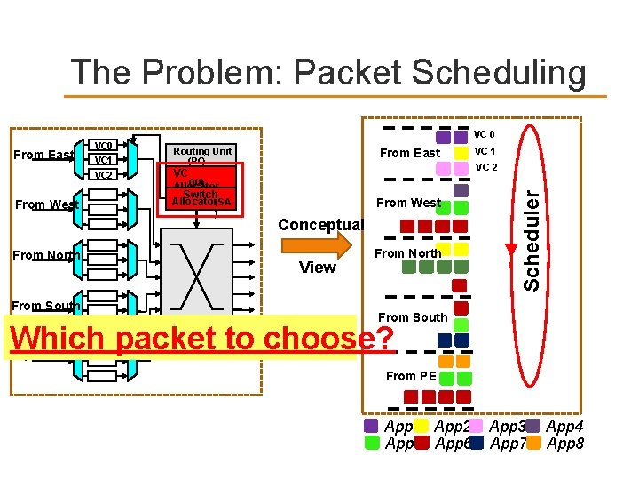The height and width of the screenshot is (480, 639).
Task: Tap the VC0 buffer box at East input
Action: [104, 146]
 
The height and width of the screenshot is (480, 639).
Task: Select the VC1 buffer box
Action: [104, 160]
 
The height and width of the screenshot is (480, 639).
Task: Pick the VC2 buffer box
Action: [104, 175]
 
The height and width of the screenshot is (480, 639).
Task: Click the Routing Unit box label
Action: [202, 151]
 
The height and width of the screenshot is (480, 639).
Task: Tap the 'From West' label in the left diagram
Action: [47, 204]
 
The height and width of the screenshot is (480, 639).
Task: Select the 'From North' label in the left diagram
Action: [46, 256]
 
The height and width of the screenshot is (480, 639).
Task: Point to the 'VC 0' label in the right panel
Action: [485, 135]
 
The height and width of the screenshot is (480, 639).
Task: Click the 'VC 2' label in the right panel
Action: [487, 166]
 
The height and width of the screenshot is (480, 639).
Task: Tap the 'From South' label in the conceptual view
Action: [413, 317]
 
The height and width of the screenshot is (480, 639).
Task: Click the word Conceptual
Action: [320, 225]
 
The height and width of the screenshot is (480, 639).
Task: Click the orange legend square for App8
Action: [534, 442]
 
